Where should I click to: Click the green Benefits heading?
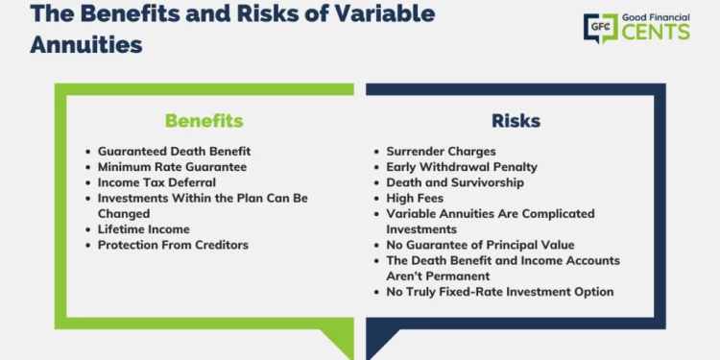tap(204, 121)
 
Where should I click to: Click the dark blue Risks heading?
tap(516, 121)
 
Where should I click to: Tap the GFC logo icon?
tap(600, 27)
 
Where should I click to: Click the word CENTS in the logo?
tap(655, 33)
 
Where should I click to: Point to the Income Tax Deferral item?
tap(156, 182)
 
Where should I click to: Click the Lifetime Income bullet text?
tap(143, 229)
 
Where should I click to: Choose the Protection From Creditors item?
tap(173, 245)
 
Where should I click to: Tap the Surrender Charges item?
tap(442, 152)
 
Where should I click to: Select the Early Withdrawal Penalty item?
tap(461, 167)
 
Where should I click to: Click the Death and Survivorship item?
tap(455, 182)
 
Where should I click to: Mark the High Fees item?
tap(415, 198)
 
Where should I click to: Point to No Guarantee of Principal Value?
tap(480, 245)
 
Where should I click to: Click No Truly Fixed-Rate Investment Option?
tap(499, 292)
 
